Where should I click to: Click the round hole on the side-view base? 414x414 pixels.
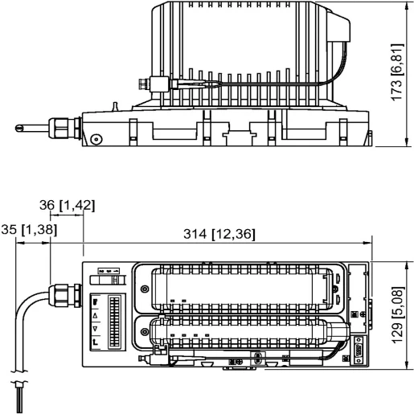point(96,138)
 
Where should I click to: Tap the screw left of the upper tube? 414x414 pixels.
point(144,289)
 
